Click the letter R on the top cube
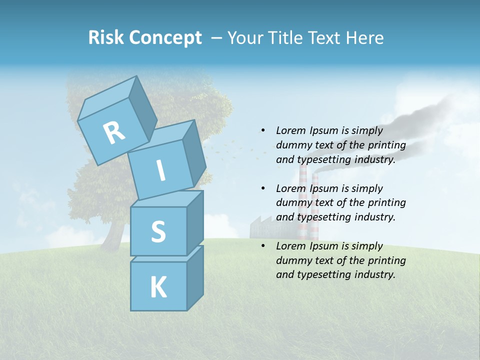(x=114, y=132)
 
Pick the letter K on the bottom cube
(x=158, y=287)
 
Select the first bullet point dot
(x=262, y=131)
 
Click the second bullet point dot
(x=262, y=188)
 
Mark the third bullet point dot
(x=262, y=246)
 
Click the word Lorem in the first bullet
(x=290, y=131)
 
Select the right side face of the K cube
(x=195, y=277)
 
